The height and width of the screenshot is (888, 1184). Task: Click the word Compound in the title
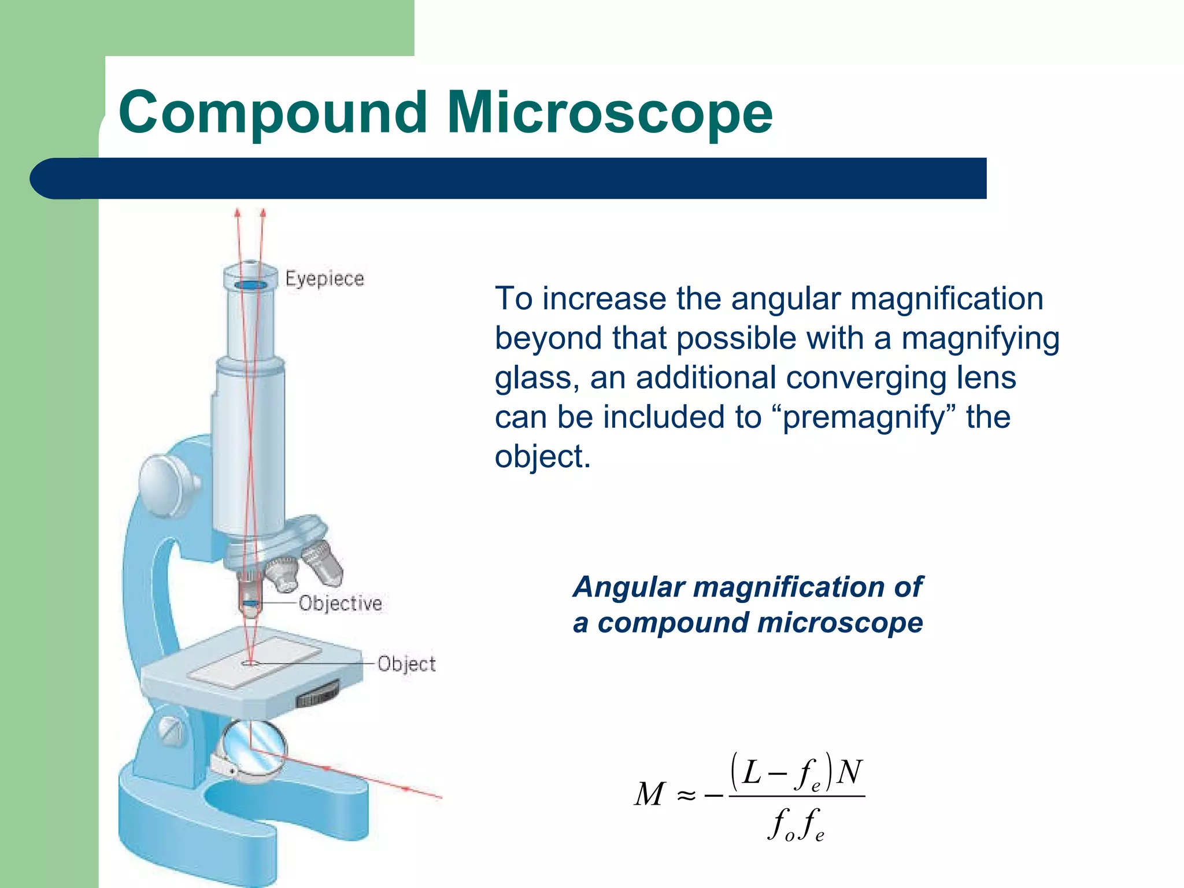pyautogui.click(x=272, y=113)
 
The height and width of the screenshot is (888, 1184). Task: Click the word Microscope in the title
pyautogui.click(x=609, y=113)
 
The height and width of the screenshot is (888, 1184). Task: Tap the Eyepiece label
pyautogui.click(x=324, y=279)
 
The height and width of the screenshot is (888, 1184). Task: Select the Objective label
pyautogui.click(x=340, y=603)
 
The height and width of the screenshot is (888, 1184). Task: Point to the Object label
pyautogui.click(x=406, y=664)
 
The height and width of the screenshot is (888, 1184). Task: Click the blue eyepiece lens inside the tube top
pyautogui.click(x=250, y=285)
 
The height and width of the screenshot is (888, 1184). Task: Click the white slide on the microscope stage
pyautogui.click(x=254, y=663)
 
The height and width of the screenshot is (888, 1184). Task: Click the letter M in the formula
pyautogui.click(x=649, y=794)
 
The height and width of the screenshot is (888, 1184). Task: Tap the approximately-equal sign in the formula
pyautogui.click(x=686, y=796)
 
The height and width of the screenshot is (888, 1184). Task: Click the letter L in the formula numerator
pyautogui.click(x=752, y=772)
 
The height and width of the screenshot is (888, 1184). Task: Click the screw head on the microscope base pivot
pyautogui.click(x=170, y=730)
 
